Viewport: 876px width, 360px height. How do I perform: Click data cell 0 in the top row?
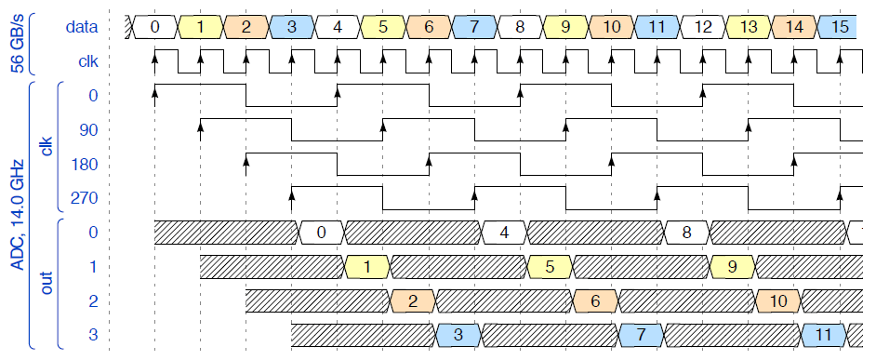(154, 27)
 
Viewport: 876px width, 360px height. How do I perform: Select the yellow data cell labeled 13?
(749, 27)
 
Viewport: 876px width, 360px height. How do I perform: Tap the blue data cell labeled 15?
(838, 27)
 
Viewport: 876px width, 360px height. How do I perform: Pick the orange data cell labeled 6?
(429, 27)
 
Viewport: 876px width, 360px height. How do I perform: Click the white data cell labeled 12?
(703, 27)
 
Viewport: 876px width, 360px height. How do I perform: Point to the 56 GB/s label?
(17, 44)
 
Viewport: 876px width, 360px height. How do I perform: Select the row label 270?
(85, 198)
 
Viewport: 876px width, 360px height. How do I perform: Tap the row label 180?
(85, 165)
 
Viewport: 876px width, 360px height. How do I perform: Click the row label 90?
(89, 130)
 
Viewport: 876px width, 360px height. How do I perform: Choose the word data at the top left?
(82, 27)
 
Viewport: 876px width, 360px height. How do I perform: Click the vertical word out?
(46, 284)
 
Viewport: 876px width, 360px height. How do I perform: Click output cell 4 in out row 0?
(504, 233)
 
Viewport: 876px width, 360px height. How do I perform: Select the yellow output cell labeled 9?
(733, 267)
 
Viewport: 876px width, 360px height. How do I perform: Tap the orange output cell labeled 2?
(413, 301)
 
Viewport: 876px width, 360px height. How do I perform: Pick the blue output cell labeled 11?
(824, 336)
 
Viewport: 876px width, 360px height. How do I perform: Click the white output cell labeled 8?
(686, 233)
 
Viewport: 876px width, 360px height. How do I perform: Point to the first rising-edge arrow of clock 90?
(201, 130)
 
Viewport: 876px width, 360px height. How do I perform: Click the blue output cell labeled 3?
(458, 336)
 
